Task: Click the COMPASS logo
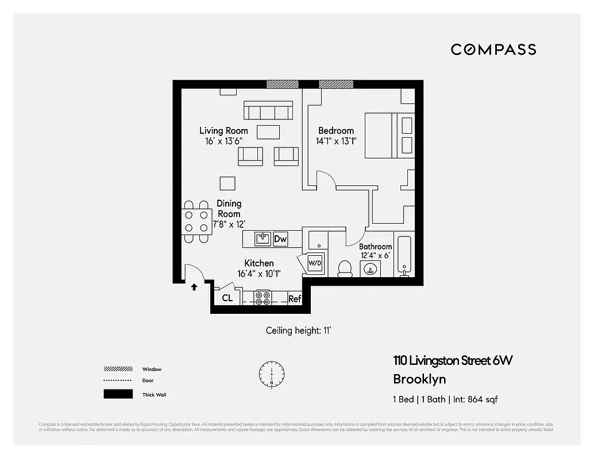[493, 49]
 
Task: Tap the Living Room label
[223, 131]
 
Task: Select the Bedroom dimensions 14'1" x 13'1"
[336, 141]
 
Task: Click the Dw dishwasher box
[280, 239]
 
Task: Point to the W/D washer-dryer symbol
[315, 263]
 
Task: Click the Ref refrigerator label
[295, 298]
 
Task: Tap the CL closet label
[227, 298]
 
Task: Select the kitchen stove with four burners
[263, 298]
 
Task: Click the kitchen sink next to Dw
[263, 239]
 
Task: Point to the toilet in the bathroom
[345, 269]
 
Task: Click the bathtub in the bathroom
[404, 255]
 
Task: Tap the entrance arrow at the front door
[194, 286]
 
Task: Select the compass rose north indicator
[271, 373]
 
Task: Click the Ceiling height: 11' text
[299, 330]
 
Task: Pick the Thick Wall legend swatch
[118, 394]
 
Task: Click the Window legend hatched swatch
[118, 369]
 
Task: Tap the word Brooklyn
[419, 379]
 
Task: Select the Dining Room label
[229, 208]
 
